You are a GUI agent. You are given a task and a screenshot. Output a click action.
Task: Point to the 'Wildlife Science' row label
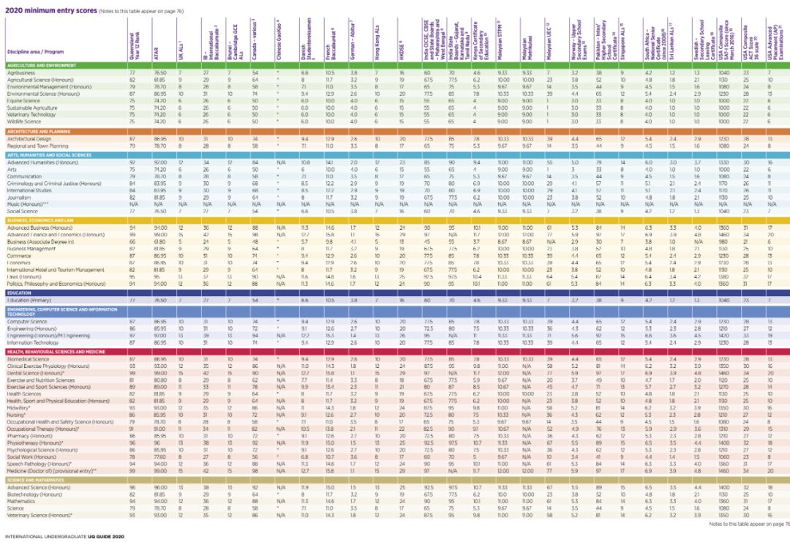click(x=24, y=121)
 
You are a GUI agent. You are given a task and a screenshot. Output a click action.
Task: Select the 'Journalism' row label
click(x=19, y=197)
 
